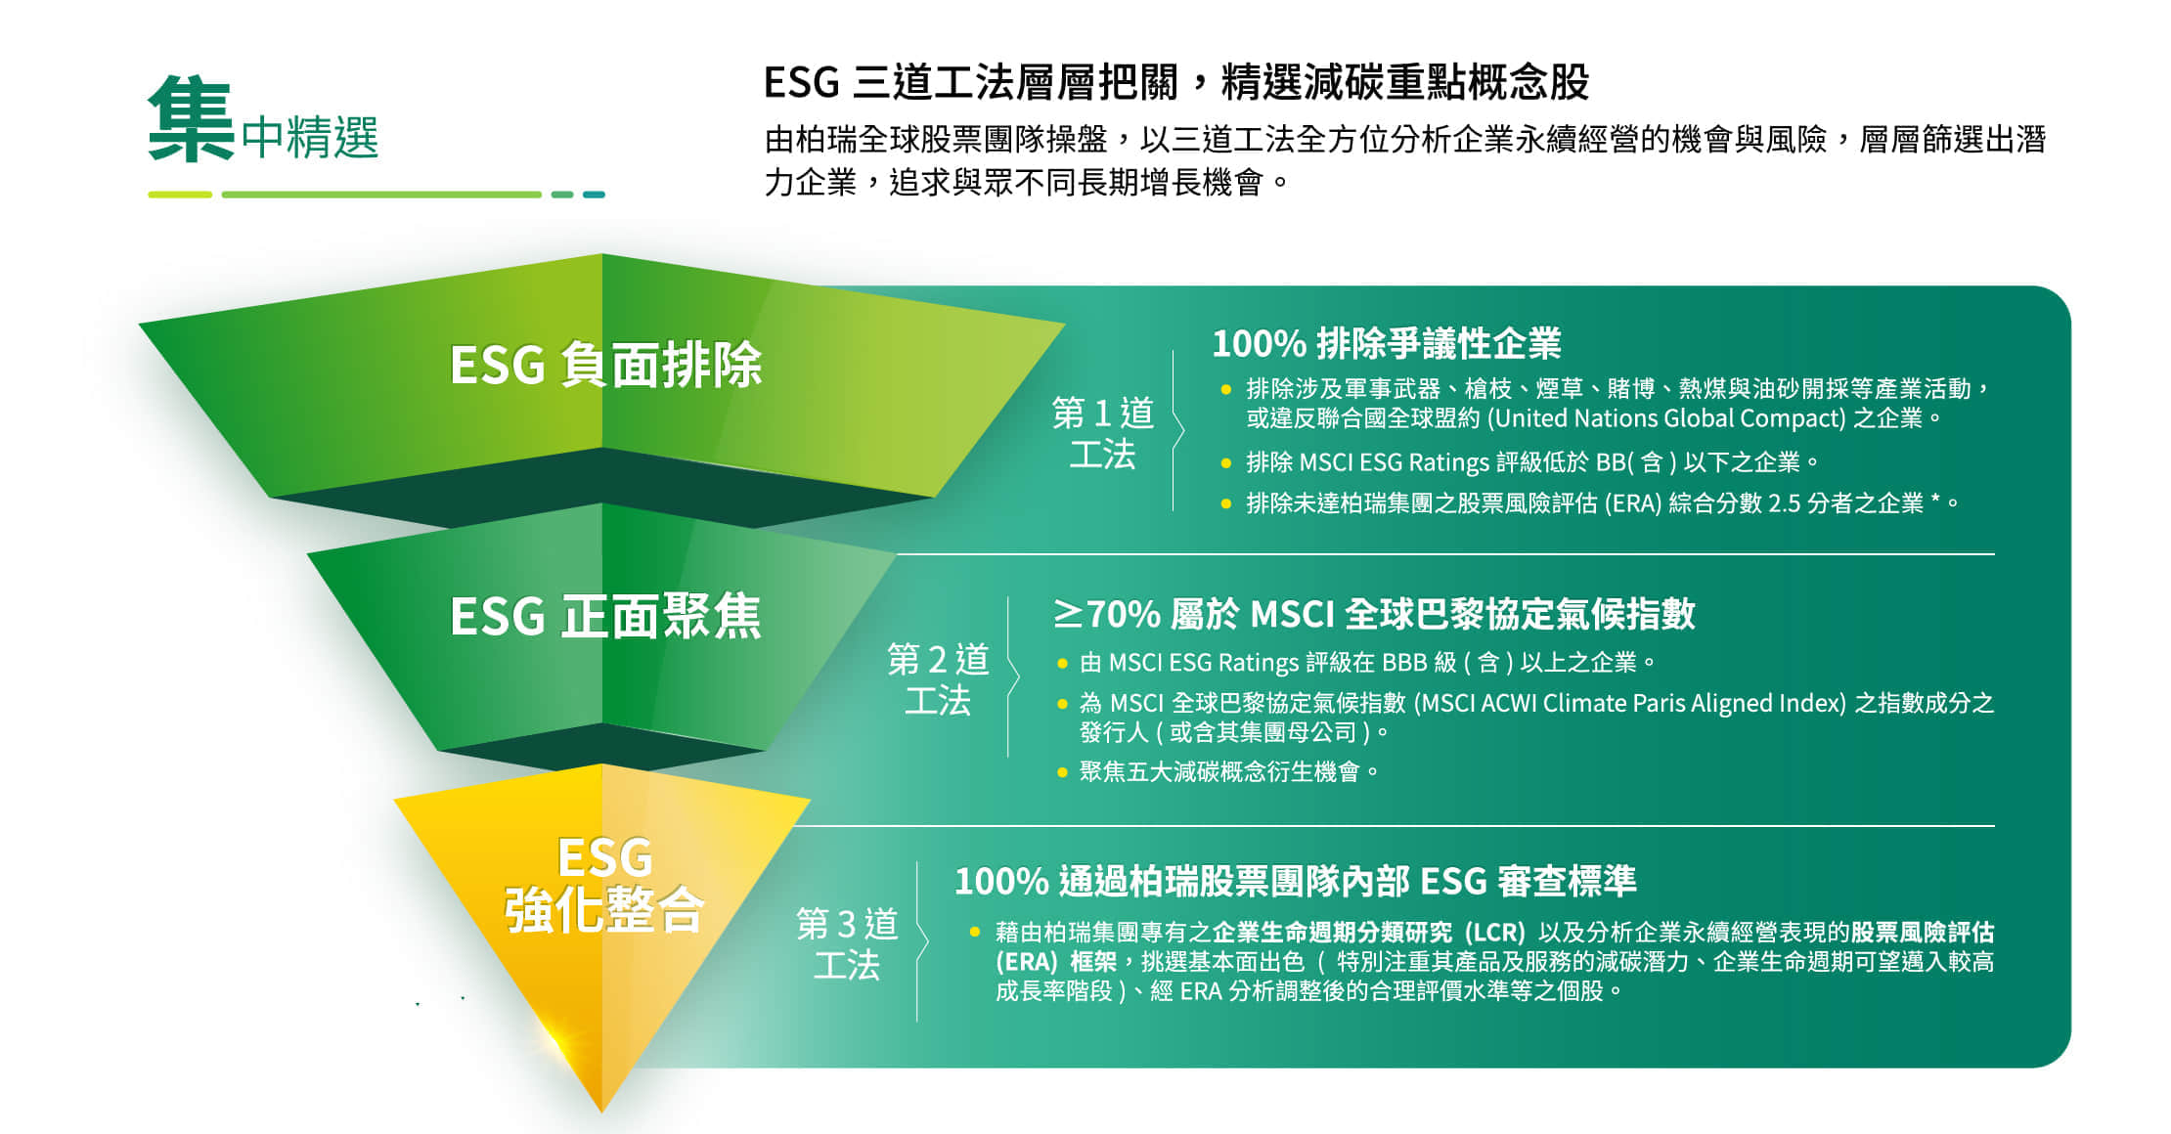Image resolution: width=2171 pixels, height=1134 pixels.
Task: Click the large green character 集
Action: click(x=191, y=119)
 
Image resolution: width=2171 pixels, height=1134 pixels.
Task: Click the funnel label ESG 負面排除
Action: click(x=606, y=366)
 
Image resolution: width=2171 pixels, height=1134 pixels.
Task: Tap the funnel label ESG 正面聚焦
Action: click(x=605, y=617)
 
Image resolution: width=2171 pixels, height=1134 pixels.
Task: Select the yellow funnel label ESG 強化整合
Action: click(x=604, y=884)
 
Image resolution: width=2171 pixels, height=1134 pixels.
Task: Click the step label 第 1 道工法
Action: click(x=1103, y=433)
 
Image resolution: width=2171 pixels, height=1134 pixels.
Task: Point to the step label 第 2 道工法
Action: click(x=938, y=678)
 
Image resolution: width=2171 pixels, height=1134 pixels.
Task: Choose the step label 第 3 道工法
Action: click(x=847, y=943)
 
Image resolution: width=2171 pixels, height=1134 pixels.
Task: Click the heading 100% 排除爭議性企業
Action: click(x=1387, y=343)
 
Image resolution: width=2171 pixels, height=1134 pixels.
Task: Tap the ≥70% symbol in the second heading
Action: click(x=1106, y=614)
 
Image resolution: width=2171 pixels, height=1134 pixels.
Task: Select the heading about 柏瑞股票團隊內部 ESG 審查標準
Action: click(x=1296, y=881)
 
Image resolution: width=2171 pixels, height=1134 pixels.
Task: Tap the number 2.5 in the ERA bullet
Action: click(x=1784, y=503)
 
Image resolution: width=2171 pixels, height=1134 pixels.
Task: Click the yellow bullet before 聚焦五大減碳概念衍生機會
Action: click(x=1062, y=772)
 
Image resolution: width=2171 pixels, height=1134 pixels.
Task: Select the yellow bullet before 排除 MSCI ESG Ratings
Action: click(x=1226, y=462)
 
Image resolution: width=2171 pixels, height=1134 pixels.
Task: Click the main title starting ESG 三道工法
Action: click(x=1176, y=82)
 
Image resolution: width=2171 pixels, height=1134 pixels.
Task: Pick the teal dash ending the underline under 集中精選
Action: click(x=594, y=195)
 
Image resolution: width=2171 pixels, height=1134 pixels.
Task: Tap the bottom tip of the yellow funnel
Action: click(x=601, y=1112)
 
